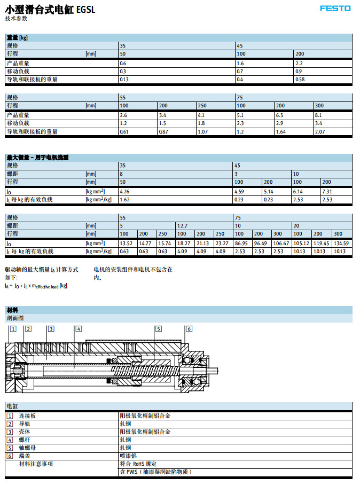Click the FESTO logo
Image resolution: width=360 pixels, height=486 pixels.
tap(335, 8)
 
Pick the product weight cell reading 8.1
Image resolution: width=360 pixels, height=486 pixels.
tap(318, 115)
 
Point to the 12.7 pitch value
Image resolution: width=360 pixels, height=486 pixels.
tap(182, 226)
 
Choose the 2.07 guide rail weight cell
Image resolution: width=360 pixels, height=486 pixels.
tap(319, 131)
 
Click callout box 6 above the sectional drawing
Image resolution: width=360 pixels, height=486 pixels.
tap(189, 329)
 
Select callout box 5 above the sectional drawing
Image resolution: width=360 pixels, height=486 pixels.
tap(159, 329)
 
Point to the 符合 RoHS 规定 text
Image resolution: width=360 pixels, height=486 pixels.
tap(138, 464)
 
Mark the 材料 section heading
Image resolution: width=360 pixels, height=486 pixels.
tap(12, 310)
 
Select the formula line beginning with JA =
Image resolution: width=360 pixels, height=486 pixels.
tap(36, 286)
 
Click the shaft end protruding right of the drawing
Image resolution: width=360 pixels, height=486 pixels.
tap(214, 370)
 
